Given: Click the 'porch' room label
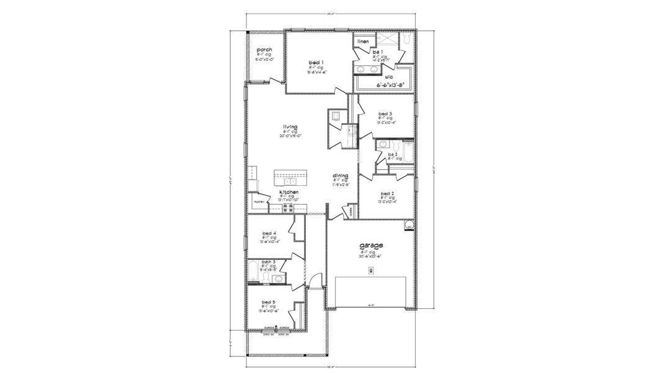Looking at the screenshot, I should coord(265,49).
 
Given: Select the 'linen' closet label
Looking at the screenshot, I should coord(363,41).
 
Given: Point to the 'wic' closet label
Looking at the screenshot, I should coord(380,76).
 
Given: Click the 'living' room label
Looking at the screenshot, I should coord(290,127).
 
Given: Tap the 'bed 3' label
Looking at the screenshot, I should coord(385,114).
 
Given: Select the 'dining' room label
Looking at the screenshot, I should coord(341,176).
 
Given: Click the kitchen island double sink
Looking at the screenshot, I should coord(290,180).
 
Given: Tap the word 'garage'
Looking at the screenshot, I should coord(367,246).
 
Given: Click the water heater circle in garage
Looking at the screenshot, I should coord(409,224).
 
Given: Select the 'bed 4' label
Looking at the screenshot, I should coord(269,233).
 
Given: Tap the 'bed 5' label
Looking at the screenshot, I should coord(269,302).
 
